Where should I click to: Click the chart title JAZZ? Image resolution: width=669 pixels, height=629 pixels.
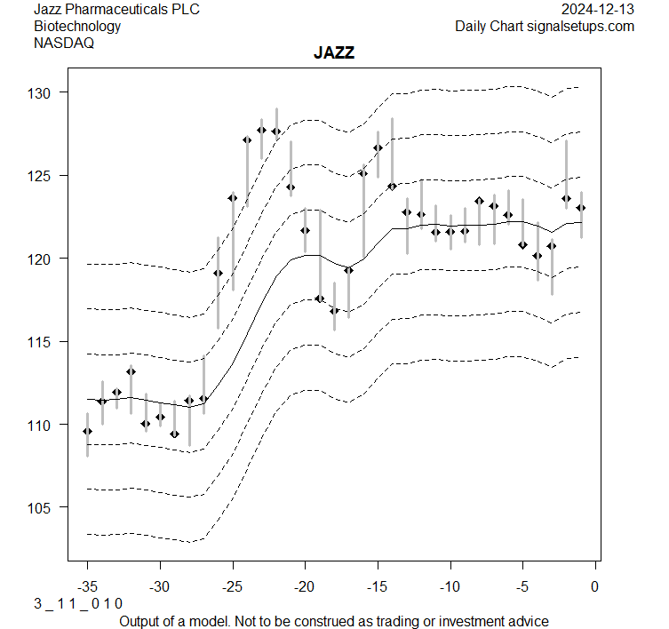coord(334,53)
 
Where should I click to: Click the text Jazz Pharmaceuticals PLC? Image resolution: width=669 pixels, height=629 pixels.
coord(116,10)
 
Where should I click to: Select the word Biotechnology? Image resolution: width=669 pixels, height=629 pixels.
coord(77,26)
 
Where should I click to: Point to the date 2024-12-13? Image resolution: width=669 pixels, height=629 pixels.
coord(598,10)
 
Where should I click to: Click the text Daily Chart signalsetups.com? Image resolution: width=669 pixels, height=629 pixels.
coord(545,26)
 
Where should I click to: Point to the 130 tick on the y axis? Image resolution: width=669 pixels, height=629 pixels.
coord(47,92)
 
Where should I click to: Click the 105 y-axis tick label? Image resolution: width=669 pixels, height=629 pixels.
coord(47,507)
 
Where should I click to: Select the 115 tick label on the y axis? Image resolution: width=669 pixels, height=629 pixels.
coord(47,342)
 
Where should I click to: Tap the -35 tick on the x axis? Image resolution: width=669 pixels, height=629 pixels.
coord(87,587)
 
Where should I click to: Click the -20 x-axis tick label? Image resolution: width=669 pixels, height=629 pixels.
coord(305,587)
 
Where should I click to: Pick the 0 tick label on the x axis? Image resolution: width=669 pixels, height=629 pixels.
coord(594,587)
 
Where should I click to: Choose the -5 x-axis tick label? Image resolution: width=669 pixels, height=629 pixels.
coord(522,587)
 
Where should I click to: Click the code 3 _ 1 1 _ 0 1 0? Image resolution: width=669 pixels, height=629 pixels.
coord(78,603)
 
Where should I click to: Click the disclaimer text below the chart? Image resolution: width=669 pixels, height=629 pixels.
coord(334,621)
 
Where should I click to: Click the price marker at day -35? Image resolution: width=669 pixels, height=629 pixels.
coord(87,431)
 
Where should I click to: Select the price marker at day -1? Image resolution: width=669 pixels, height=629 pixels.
coord(580,208)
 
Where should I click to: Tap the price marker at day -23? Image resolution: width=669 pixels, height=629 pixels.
coord(261,130)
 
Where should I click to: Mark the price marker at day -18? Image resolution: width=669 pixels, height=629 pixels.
coord(334,311)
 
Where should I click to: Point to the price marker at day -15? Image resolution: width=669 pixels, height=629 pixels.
coord(378,147)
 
